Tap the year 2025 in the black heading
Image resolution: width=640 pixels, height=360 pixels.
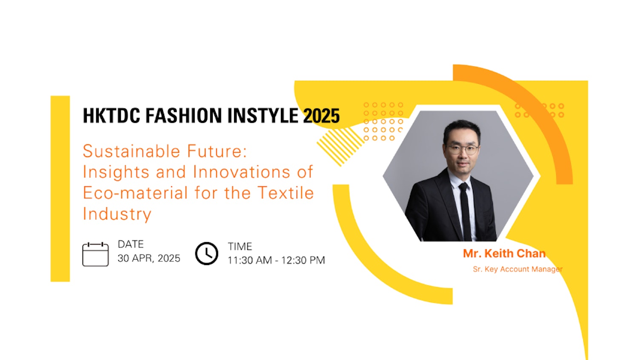point(321,116)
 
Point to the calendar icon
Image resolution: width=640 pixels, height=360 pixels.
point(95,254)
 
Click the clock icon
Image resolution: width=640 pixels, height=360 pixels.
point(206,254)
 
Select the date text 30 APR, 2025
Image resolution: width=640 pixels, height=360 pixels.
point(149,258)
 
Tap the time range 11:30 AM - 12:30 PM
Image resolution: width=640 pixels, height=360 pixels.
point(276,260)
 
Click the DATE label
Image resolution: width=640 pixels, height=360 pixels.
point(131,244)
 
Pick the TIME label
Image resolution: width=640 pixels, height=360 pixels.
point(240,246)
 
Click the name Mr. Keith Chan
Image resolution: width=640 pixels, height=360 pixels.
point(504,254)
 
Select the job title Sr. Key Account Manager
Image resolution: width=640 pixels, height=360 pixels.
point(517,269)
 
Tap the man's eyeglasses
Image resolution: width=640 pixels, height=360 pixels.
point(463,149)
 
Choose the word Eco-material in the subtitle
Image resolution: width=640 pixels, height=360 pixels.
point(135,193)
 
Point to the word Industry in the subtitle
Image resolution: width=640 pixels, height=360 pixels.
point(117,214)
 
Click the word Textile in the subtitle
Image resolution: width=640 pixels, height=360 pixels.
point(286,193)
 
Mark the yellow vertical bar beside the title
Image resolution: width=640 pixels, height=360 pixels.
point(60,189)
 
